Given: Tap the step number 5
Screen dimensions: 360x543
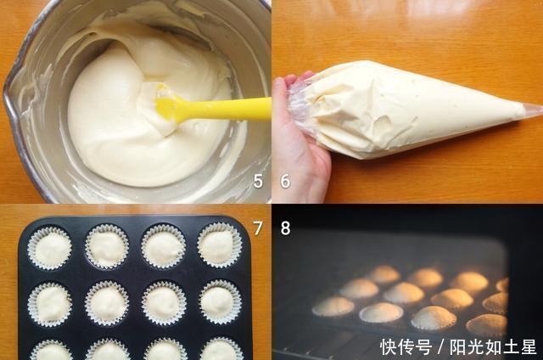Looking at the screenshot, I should point(258,180).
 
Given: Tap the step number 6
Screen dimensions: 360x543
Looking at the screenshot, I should point(285,180).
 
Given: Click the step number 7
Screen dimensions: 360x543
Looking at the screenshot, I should point(258,228).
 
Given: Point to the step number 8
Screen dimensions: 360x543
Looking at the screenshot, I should point(285,228).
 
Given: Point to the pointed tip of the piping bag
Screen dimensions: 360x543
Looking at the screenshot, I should point(536,108).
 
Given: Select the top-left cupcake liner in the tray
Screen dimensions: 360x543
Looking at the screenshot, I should point(50,247).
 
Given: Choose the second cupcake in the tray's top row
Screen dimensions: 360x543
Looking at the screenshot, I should point(107,247).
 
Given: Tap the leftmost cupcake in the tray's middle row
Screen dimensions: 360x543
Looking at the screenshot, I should point(51,303).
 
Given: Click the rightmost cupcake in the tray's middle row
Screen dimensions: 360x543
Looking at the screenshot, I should point(220,301).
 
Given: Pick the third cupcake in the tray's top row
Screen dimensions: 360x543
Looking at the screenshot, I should point(164,247).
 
